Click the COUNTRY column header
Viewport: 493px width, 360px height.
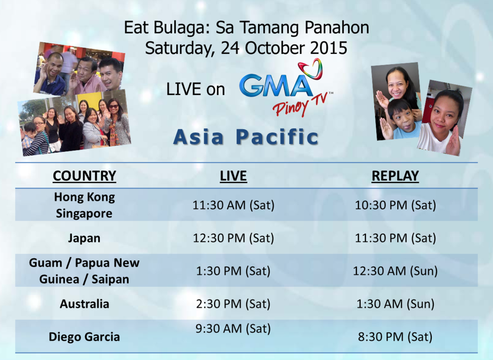84,176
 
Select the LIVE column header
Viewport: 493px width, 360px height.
233,176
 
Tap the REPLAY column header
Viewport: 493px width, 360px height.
395,176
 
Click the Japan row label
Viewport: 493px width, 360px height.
84,238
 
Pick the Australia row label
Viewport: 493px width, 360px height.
84,304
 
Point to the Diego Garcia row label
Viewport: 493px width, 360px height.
84,337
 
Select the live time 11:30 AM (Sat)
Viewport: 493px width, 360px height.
234,205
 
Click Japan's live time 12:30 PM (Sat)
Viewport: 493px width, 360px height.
234,238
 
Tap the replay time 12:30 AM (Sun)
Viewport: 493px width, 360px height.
395,271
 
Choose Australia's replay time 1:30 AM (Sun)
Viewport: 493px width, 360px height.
395,304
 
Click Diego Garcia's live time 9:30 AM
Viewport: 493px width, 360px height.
234,329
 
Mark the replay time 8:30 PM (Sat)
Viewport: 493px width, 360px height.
395,337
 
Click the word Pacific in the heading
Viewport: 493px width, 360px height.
277,137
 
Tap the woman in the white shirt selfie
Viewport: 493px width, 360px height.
442,121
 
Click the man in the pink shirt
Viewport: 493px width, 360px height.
85,76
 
